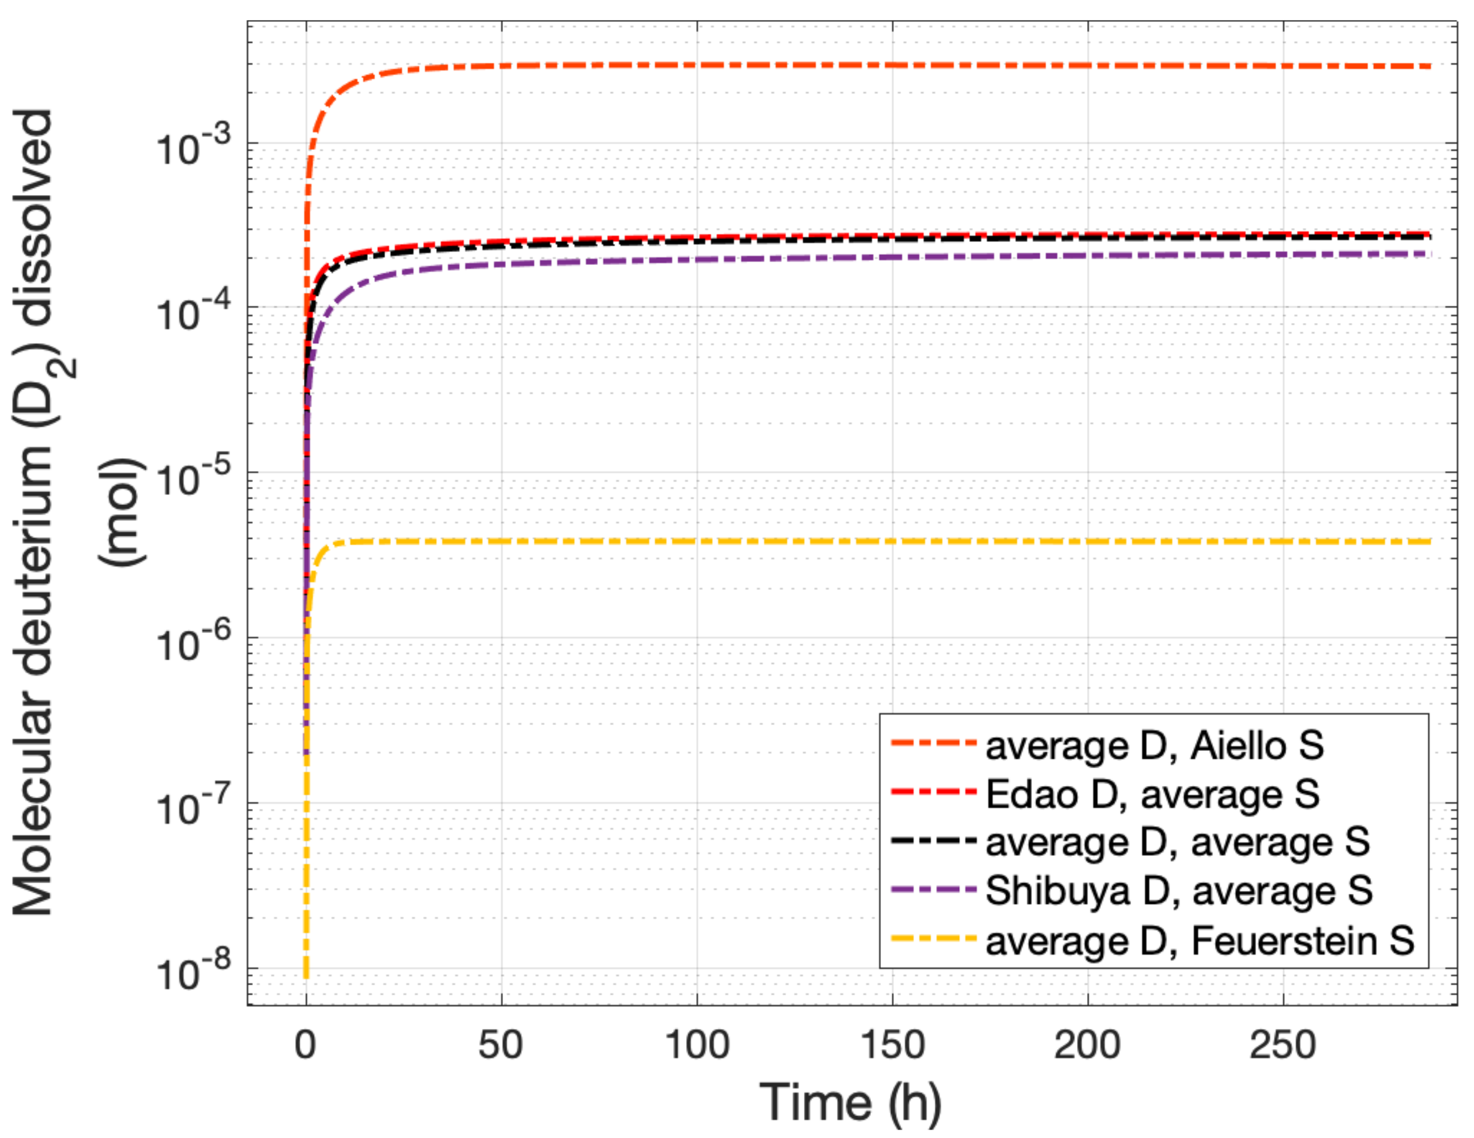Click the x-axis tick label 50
[500, 1046]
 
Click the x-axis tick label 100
[697, 1046]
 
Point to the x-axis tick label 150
[892, 1046]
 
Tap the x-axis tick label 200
[1087, 1046]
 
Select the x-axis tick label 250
[1282, 1046]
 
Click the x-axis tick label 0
[306, 1046]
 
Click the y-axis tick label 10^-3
[193, 147]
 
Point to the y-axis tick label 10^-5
[193, 478]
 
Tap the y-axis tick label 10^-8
[193, 973]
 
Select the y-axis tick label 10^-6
[193, 643]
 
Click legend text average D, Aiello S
[1154, 746]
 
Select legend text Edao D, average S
[1152, 794]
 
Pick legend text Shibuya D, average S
[1178, 891]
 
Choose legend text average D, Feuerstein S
[1199, 941]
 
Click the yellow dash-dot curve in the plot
[810, 542]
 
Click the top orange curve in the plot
[810, 66]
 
